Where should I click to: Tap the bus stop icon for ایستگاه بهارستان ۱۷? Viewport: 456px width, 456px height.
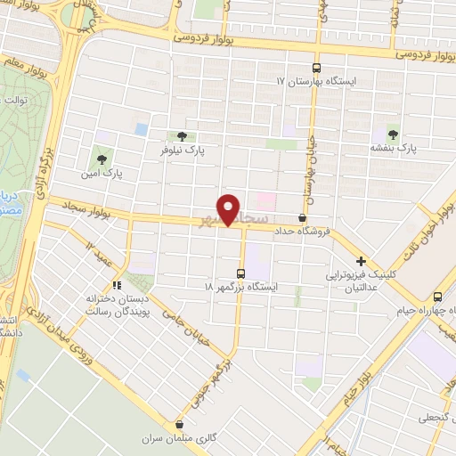[x=316, y=67]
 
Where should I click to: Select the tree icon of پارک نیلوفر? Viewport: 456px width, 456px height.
[x=183, y=136]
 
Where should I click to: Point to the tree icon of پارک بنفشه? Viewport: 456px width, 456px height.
[x=393, y=134]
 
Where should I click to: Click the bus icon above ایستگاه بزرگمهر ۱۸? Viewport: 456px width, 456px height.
[x=240, y=273]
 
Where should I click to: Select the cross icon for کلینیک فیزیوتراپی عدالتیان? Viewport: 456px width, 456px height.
[x=361, y=262]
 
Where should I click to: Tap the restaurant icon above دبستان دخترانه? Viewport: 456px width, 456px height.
[x=115, y=285]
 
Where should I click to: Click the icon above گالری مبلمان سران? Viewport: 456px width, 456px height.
[x=181, y=425]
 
